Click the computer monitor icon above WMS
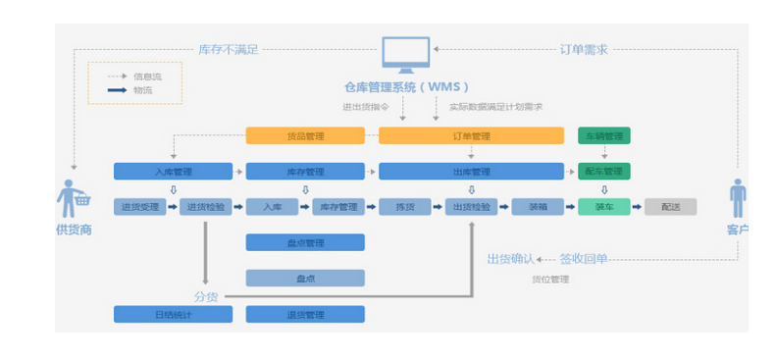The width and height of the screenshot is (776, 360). pos(405,56)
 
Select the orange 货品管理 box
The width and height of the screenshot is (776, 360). pos(304,136)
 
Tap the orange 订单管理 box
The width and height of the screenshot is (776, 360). pos(471,136)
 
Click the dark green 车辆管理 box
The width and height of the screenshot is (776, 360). pos(603,136)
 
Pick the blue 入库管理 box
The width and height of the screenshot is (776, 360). pos(173,172)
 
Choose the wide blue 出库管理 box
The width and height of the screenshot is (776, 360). pos(471,172)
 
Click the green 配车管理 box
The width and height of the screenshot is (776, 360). pos(603,172)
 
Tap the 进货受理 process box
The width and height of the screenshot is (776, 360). pos(139,207)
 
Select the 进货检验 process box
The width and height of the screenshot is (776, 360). pos(205,207)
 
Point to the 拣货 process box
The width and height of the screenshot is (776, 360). pos(404,207)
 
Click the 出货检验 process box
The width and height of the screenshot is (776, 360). pos(471,207)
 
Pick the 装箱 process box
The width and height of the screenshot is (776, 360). pos(537,207)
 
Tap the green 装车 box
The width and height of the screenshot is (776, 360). pos(603,207)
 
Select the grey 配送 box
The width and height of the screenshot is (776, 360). pos(670,207)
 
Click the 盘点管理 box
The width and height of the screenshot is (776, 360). pos(304,242)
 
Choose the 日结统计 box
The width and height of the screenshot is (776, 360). pos(173,314)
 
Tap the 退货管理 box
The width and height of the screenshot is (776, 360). pos(304,314)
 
